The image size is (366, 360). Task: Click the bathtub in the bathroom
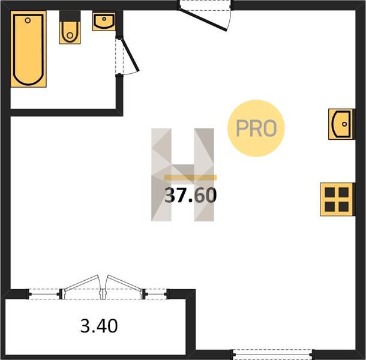coord(28,49)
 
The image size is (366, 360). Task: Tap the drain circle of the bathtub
coord(28,20)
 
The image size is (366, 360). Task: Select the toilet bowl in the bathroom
coord(70,32)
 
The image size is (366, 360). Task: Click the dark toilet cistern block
coord(70,16)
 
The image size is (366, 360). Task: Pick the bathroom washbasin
coord(104,22)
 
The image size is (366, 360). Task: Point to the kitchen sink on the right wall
coord(341,124)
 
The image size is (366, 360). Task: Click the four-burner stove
coord(337,199)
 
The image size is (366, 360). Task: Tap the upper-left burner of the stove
coord(329,193)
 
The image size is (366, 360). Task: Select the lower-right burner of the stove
coord(344,206)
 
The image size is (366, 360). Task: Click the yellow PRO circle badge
coord(256,128)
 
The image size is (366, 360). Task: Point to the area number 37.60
coord(190,195)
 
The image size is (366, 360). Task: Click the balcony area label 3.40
coord(99,326)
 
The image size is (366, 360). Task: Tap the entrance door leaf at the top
coord(203,20)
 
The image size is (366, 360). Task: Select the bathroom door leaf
coord(130,55)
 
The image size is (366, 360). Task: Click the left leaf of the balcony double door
coord(82,283)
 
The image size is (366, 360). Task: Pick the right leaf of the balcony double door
coord(124,283)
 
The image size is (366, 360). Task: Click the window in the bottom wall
coord(272,355)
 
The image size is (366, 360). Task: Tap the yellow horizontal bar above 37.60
coord(190,178)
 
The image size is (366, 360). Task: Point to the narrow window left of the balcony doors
coord(44,294)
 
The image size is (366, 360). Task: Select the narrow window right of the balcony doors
coord(155,294)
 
